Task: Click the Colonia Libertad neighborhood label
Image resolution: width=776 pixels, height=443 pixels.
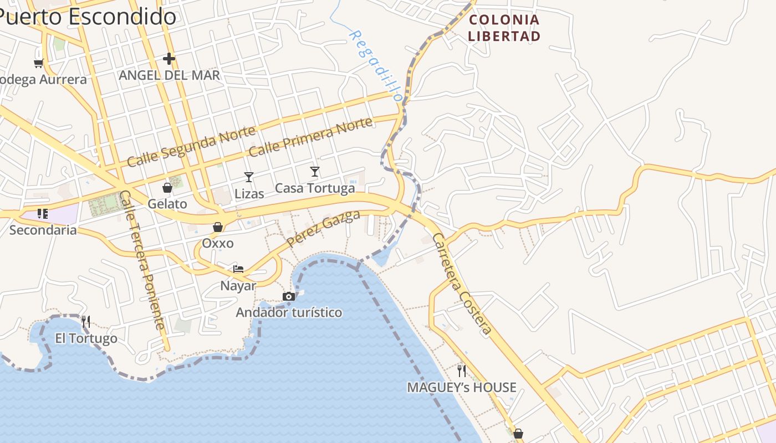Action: click(x=503, y=28)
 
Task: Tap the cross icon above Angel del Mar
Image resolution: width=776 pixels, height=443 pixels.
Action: click(x=169, y=58)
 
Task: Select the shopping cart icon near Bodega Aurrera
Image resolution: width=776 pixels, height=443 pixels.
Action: click(x=38, y=63)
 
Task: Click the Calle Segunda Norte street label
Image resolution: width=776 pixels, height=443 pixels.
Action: click(x=191, y=146)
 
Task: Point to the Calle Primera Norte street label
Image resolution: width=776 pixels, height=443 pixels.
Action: click(x=310, y=137)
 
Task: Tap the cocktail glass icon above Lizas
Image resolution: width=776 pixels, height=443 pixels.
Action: click(x=249, y=177)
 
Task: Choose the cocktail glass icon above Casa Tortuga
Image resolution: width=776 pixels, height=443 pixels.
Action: click(x=315, y=172)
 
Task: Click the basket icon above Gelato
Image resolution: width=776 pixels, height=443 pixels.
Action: click(x=167, y=188)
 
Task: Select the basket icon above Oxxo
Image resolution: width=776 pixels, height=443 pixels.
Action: click(x=218, y=227)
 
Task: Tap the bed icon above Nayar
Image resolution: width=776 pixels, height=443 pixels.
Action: click(x=238, y=269)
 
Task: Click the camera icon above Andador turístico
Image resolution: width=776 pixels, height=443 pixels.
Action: click(x=289, y=297)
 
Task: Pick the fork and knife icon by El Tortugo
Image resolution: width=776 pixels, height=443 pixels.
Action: click(x=86, y=321)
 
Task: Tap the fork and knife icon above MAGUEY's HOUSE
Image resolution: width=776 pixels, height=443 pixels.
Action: click(x=462, y=370)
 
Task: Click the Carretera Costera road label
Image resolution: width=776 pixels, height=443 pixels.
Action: click(x=462, y=284)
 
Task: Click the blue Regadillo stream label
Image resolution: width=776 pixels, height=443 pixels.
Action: click(x=375, y=65)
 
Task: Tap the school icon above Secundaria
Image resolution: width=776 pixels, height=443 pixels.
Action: click(x=43, y=213)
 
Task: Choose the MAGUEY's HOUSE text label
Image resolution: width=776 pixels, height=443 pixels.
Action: click(x=462, y=388)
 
